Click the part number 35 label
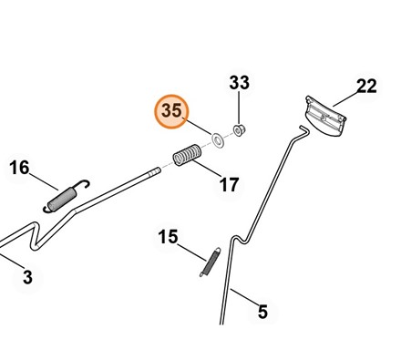171,110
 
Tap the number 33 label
240,83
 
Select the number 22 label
366,86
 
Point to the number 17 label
229,184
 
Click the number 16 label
19,168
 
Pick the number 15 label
168,237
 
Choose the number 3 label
27,277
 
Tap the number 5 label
262,312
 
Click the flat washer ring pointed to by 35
218,140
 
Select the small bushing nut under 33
239,130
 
